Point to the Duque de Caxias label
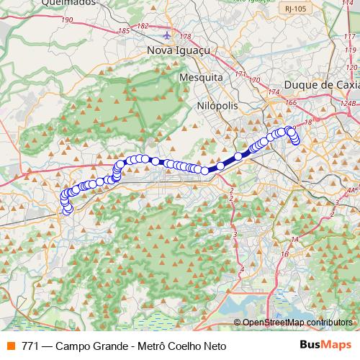click(x=321, y=85)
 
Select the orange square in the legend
click(x=11, y=346)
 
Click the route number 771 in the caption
click(x=30, y=346)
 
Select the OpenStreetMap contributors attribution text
click(x=297, y=323)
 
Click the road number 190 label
click(x=68, y=19)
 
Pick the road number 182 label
click(x=142, y=26)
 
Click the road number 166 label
click(x=290, y=103)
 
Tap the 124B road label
click(x=348, y=103)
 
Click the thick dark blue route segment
click(x=229, y=161)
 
